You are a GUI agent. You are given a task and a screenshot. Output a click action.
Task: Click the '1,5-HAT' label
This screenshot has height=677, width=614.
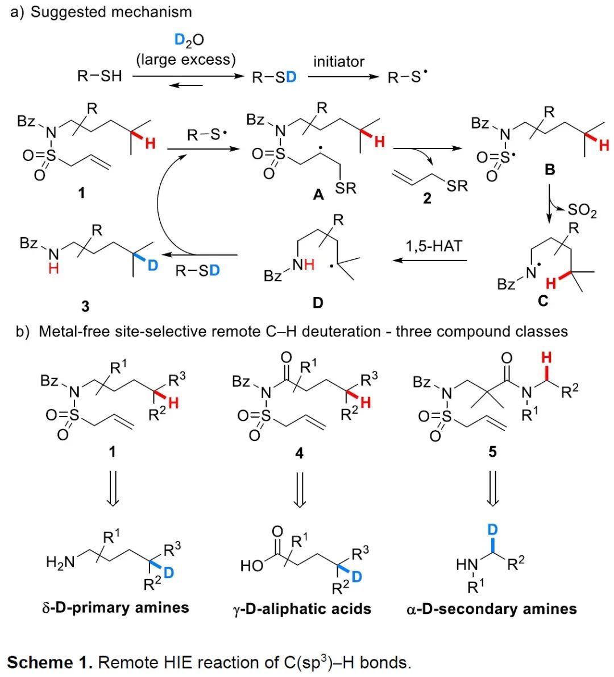click(434, 246)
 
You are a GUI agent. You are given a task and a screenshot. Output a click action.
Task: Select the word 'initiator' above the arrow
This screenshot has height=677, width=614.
click(339, 61)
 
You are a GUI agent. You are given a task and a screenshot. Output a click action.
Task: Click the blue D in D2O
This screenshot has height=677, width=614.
click(180, 40)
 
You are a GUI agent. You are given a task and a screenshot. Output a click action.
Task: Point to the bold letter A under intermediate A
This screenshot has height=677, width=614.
click(318, 195)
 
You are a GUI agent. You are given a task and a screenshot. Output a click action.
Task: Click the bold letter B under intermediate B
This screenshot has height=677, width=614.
click(550, 170)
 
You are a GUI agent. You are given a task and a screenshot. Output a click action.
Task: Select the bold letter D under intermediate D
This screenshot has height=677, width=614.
click(318, 303)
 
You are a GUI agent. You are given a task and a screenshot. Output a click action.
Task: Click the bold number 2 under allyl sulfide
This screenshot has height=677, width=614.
click(427, 198)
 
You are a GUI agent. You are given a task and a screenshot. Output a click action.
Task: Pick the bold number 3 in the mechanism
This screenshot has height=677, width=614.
click(85, 307)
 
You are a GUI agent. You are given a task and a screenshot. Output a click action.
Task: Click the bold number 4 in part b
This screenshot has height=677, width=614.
click(299, 453)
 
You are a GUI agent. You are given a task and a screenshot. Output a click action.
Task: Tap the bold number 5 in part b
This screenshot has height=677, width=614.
click(492, 452)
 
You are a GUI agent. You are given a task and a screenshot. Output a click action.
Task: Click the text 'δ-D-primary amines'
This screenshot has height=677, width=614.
click(115, 607)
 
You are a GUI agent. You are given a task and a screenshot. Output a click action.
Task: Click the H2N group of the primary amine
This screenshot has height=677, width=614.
click(60, 562)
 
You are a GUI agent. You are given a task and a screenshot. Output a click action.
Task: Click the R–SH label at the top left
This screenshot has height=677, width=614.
click(99, 76)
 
